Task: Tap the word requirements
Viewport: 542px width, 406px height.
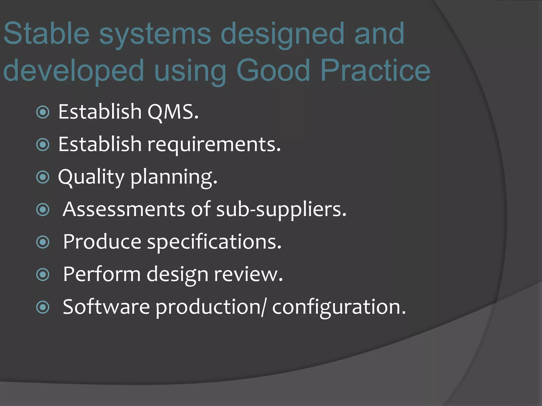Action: pos(214,145)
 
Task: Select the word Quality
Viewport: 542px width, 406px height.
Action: pos(91,177)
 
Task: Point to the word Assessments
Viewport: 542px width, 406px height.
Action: pos(124,209)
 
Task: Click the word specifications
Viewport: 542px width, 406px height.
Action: pos(214,242)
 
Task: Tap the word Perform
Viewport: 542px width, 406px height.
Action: pos(102,274)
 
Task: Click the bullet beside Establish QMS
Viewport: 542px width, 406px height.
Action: pos(43,112)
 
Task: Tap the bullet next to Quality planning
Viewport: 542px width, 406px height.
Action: pos(43,177)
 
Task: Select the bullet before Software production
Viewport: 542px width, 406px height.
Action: pos(43,307)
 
